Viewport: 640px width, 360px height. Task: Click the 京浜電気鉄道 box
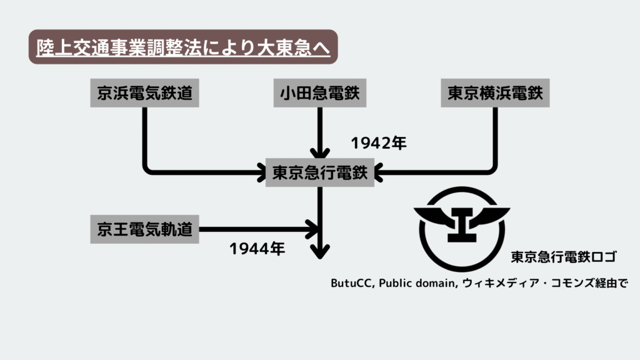click(x=144, y=93)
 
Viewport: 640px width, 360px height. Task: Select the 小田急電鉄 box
click(x=319, y=93)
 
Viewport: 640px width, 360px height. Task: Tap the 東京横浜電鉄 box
click(x=495, y=93)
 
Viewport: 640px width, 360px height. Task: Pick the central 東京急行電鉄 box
click(x=319, y=172)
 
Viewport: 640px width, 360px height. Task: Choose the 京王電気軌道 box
click(x=144, y=229)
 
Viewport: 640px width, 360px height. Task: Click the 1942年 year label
click(x=379, y=143)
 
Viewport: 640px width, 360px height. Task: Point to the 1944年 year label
click(x=257, y=249)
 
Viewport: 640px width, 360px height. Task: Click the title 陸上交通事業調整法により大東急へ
click(x=183, y=47)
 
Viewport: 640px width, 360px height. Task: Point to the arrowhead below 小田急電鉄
click(x=320, y=152)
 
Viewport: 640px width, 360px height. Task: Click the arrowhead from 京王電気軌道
click(x=312, y=229)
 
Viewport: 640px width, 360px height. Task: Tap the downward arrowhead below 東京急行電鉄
click(x=320, y=251)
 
